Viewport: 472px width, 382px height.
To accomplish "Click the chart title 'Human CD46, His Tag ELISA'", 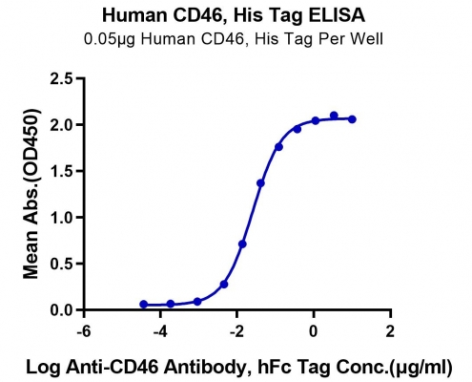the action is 234,15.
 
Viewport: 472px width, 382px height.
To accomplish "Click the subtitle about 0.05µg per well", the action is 234,39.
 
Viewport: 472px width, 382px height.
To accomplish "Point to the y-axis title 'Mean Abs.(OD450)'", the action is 31,194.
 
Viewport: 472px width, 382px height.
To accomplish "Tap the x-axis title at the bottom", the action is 238,367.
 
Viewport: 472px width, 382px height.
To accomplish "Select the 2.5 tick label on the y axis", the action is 61,78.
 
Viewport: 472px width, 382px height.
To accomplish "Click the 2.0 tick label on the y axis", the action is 61,125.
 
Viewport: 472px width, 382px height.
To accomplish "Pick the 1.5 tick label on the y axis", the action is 61,171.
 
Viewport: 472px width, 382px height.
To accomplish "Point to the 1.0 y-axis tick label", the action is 61,218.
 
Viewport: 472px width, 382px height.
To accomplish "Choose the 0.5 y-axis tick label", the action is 61,264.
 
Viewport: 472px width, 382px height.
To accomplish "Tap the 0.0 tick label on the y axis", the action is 61,310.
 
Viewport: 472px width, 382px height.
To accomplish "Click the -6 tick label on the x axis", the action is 84,331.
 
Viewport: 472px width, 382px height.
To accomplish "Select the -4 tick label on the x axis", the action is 160,331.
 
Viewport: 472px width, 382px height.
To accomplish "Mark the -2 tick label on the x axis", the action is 236,331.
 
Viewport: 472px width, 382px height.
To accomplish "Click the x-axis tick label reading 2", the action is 390,331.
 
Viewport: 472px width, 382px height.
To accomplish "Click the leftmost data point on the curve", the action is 144,305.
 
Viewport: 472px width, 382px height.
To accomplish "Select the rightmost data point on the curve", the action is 352,119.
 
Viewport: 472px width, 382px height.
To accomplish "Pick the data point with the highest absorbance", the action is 334,116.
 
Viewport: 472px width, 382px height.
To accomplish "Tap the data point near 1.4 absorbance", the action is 260,183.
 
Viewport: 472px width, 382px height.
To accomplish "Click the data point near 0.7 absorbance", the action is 242,244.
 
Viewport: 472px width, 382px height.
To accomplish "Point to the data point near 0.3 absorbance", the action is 224,285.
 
